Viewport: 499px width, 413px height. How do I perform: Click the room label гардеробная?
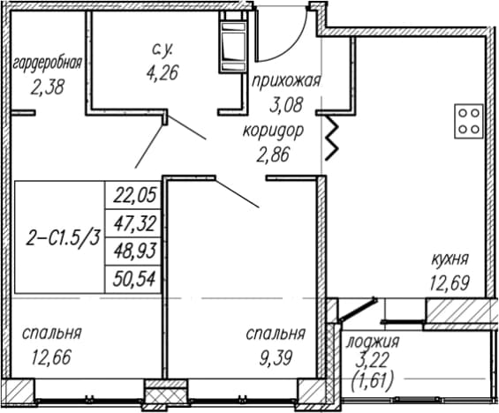point(48,63)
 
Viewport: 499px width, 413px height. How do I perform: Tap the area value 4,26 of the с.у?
point(163,73)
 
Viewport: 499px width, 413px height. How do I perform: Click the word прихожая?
point(286,81)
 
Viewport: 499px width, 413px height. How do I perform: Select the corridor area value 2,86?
point(274,154)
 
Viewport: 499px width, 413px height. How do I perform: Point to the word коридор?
point(273,131)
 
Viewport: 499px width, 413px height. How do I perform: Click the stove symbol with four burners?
point(468,121)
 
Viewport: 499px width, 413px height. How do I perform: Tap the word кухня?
point(450,259)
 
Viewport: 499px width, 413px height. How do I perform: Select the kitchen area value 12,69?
point(450,283)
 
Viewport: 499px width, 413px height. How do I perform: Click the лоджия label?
point(373,342)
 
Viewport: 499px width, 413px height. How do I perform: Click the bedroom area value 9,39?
point(276,358)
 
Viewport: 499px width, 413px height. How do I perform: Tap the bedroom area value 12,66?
point(51,357)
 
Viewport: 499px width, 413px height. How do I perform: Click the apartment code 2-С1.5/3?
point(63,237)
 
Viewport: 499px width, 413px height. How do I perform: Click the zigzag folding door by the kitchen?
point(331,139)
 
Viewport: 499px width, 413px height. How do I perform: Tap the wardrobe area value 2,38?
point(48,86)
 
